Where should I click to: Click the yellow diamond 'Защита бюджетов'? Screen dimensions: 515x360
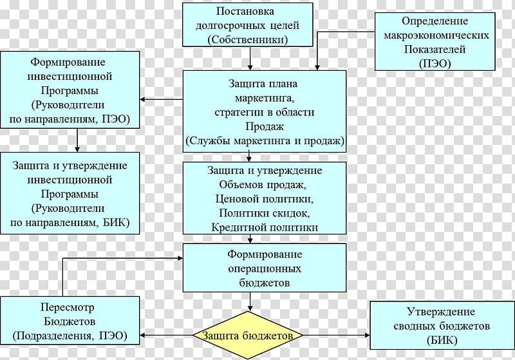[x=248, y=335]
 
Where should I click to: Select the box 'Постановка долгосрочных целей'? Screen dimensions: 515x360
[x=248, y=24]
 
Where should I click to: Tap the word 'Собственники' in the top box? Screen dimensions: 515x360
[x=248, y=40]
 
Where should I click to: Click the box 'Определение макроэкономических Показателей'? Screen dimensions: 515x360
[x=435, y=41]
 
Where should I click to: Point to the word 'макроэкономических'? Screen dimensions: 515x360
[x=436, y=35]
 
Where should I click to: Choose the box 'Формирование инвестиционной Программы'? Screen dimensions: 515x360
[x=70, y=90]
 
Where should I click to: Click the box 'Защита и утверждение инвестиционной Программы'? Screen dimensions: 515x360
[x=70, y=193]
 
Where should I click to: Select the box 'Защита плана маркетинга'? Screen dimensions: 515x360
[x=265, y=111]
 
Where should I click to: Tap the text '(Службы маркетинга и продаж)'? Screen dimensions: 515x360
[x=265, y=141]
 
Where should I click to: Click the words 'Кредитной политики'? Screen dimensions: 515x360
[x=265, y=227]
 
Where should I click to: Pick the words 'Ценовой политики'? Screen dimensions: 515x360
[x=265, y=199]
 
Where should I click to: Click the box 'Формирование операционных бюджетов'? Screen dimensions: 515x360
[x=265, y=268]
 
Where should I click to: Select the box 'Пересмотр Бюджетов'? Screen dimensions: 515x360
[x=70, y=321]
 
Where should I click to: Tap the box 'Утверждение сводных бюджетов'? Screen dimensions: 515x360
[x=442, y=325]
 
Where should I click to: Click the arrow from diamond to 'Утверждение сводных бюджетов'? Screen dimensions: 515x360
[x=336, y=335]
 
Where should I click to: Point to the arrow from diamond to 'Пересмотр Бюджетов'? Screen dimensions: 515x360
[x=166, y=335]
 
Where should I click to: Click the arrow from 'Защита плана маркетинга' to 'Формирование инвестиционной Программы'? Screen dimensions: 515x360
[x=162, y=99]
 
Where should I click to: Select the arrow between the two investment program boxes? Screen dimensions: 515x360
[x=77, y=140]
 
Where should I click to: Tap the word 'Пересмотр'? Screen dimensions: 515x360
[x=68, y=307]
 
